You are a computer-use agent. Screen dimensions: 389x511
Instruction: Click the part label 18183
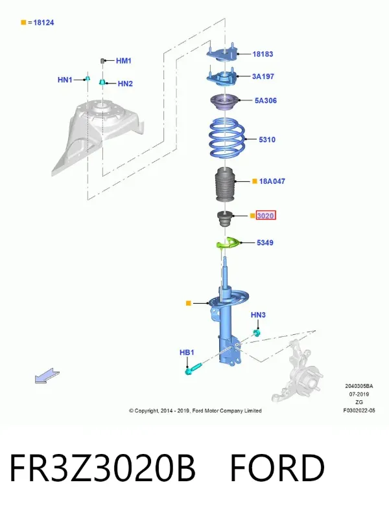[263, 54]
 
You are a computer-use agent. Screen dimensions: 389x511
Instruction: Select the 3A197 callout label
[263, 76]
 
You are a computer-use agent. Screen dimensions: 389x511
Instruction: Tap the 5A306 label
[266, 100]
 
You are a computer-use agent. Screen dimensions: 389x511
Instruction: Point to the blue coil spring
[227, 138]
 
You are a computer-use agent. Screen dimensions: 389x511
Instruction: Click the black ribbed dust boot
[225, 185]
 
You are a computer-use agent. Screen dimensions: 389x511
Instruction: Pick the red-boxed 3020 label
[266, 216]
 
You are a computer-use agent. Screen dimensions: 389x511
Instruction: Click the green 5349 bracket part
[229, 243]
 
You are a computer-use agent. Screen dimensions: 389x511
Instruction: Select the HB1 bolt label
[187, 352]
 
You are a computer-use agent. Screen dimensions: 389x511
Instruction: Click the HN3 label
[258, 315]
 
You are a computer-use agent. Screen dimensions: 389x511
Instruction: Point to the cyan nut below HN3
[257, 333]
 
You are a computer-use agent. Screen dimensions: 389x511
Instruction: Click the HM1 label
[124, 61]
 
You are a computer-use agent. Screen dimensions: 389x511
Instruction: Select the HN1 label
[65, 80]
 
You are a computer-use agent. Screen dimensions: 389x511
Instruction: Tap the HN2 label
[125, 84]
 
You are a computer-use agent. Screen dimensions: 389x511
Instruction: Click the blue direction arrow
[47, 376]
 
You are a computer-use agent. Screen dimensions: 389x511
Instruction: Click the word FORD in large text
[277, 468]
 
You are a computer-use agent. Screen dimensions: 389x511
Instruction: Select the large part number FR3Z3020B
[102, 468]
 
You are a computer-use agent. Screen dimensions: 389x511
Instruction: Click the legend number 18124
[43, 23]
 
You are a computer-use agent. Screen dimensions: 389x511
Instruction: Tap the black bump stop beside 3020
[225, 219]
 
